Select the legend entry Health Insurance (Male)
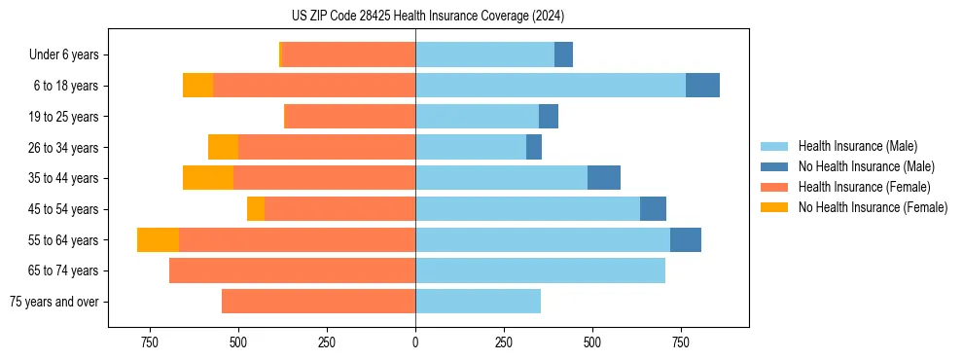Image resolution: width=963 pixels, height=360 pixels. [x=857, y=146]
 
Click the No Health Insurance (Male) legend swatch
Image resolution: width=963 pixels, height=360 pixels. [x=774, y=166]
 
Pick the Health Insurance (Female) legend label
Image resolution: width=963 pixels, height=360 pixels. [x=864, y=187]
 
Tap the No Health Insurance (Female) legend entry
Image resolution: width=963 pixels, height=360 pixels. [x=873, y=207]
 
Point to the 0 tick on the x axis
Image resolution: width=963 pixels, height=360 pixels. [x=415, y=342]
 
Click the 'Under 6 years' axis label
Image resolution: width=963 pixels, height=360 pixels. [x=63, y=55]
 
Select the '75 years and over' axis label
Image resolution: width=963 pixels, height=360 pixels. [x=54, y=302]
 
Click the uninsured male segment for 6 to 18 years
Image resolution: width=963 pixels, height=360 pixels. [x=702, y=86]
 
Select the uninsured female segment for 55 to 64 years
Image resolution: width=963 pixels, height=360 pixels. [x=158, y=240]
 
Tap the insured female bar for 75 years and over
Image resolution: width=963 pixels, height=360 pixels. [x=318, y=302]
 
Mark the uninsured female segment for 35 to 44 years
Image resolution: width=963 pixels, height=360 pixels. [x=208, y=178]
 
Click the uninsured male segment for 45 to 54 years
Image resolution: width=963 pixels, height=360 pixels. [x=653, y=209]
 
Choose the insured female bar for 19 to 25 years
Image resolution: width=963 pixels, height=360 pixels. [x=349, y=117]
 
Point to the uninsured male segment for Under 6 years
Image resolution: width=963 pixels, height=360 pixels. [x=563, y=55]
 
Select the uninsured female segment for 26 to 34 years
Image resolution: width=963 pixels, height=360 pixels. [x=223, y=148]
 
